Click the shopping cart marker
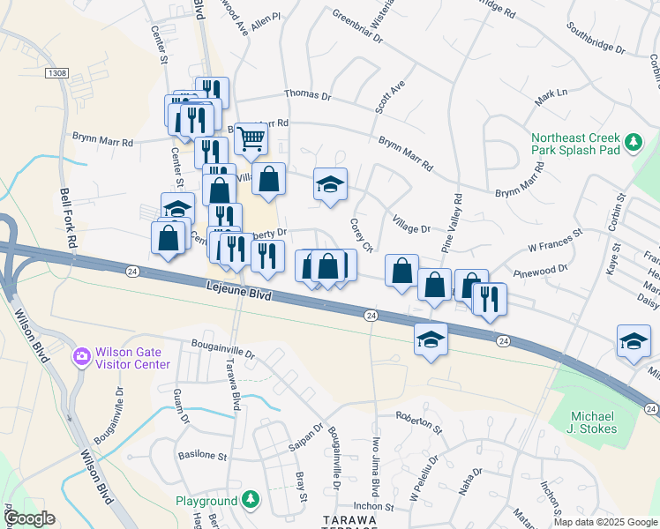(251, 138)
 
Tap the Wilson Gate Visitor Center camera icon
(82, 356)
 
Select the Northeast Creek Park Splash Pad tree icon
(633, 141)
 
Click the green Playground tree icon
(251, 500)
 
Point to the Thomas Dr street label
(306, 95)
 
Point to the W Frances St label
(555, 238)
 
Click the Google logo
(29, 518)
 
